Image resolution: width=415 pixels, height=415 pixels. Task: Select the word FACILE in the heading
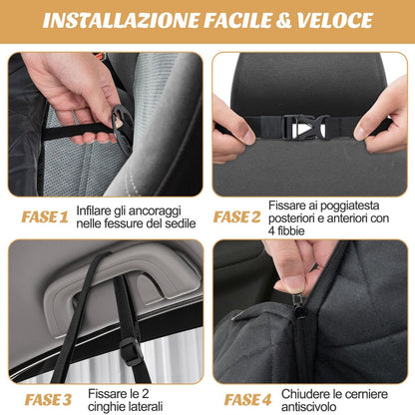click(238, 21)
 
